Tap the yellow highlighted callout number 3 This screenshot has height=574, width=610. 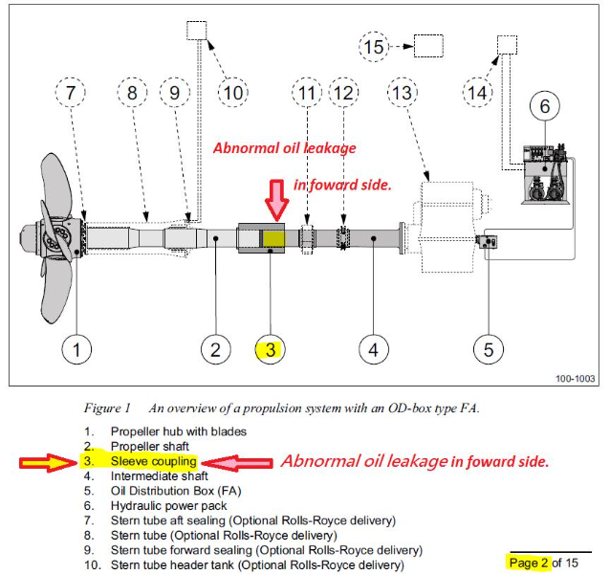pos(271,350)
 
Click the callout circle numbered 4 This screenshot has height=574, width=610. pos(374,349)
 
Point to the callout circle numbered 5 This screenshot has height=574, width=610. pos(489,349)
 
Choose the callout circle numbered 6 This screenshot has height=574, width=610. pos(545,106)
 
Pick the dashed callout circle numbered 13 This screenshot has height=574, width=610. pos(405,93)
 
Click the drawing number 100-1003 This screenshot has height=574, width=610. pos(576,379)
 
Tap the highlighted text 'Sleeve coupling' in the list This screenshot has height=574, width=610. pos(153,462)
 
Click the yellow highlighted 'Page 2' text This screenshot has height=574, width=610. pos(529,563)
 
